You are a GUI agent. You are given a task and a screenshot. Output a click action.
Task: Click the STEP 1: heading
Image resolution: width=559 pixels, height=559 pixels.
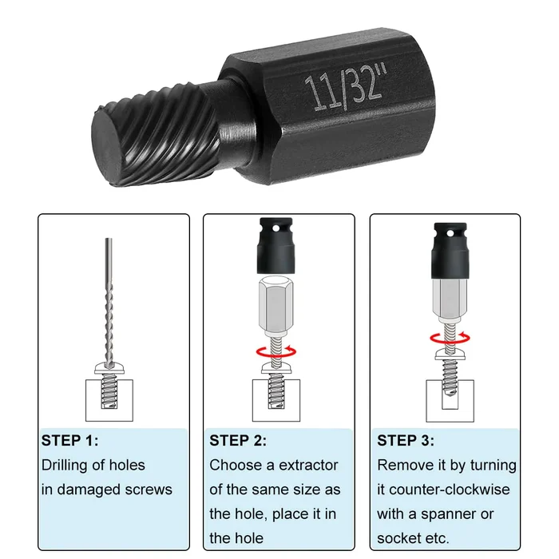point(70,440)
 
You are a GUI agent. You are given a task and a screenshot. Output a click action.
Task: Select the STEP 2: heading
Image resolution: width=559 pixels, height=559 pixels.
point(238,440)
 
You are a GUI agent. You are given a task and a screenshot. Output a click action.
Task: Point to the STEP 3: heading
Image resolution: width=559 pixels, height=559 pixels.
point(406,440)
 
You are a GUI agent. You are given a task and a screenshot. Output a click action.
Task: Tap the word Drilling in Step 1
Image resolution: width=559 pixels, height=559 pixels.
point(69,465)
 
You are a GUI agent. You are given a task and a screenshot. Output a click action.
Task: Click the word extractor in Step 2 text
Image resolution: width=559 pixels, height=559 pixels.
point(307,465)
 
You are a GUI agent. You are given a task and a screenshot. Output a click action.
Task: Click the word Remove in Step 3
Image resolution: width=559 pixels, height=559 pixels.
point(404,465)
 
